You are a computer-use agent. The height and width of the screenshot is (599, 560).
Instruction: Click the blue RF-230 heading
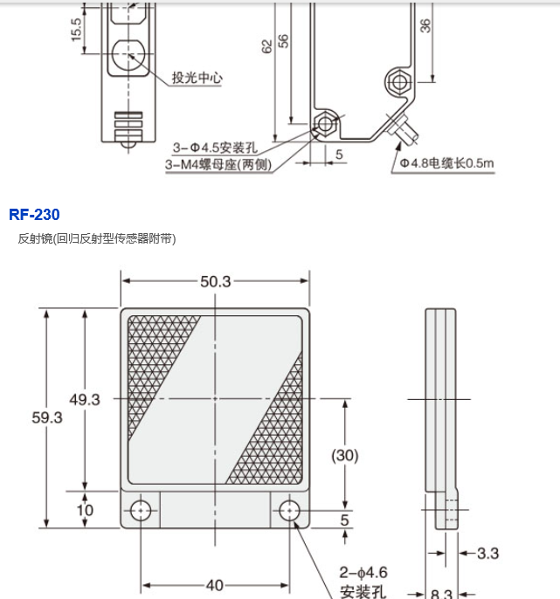click(x=34, y=215)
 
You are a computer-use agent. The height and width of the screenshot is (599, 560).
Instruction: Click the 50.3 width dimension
click(x=216, y=281)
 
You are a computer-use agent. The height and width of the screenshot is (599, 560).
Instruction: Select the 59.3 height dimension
click(x=46, y=417)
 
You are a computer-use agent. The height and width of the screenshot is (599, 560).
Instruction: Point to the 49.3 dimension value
click(x=85, y=400)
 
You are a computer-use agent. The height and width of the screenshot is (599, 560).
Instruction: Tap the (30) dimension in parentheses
click(x=345, y=456)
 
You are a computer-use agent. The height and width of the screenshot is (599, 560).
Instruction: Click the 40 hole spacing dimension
click(x=214, y=585)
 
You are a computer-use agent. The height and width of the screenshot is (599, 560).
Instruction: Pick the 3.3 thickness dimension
click(x=488, y=554)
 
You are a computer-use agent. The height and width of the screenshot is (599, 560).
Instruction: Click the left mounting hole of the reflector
click(x=141, y=510)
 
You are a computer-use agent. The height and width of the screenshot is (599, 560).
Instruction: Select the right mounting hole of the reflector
click(x=289, y=510)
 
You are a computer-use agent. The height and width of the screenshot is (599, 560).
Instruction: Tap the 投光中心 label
click(x=197, y=78)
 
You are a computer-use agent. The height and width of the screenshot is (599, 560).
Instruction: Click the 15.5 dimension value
click(x=77, y=30)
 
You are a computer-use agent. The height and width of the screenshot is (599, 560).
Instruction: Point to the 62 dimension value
click(x=267, y=46)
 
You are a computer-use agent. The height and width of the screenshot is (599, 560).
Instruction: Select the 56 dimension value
click(x=283, y=41)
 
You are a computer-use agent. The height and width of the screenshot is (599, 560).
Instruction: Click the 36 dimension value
click(x=425, y=25)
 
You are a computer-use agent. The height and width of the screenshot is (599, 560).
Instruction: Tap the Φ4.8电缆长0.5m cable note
click(x=446, y=163)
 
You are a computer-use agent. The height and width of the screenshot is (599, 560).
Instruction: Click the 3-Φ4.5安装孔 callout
click(x=215, y=148)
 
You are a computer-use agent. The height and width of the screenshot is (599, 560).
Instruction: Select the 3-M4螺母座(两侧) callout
click(x=218, y=165)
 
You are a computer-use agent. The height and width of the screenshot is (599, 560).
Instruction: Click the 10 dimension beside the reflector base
click(x=85, y=510)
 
